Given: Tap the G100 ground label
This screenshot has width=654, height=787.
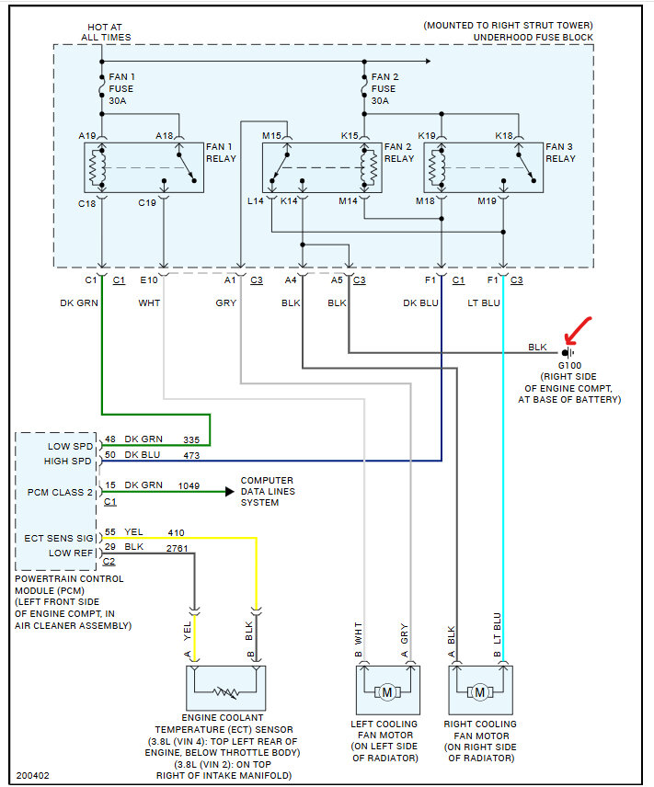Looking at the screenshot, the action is point(569,365).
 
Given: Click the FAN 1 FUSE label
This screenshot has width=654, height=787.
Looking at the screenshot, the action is point(121,89).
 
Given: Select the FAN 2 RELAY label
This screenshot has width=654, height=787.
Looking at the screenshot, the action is point(399,153).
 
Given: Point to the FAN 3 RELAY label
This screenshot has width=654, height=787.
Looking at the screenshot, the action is point(560,153).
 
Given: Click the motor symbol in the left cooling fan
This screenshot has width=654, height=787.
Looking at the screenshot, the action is point(387,692).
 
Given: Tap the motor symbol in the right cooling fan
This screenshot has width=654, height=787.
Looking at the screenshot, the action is point(480,692).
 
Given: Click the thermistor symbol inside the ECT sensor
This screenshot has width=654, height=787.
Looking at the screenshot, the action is point(225,692).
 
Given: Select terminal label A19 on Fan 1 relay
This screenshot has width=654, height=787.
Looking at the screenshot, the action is point(86,135).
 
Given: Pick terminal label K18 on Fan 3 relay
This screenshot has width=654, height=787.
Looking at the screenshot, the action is point(504,135).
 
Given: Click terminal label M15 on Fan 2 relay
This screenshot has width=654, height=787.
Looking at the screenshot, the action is point(271,135).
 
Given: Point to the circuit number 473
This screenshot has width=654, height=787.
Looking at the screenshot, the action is point(191,455).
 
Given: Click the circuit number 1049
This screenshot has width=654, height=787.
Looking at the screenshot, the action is point(189,485).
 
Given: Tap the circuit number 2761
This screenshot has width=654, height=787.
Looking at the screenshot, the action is point(177,549).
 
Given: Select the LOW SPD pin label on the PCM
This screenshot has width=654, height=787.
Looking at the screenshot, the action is point(70,446).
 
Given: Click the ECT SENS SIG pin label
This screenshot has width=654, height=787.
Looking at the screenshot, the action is point(59,538).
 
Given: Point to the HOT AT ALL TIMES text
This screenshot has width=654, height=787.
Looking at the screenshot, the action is point(106,32).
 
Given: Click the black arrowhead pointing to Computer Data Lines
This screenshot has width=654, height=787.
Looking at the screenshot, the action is point(230,491).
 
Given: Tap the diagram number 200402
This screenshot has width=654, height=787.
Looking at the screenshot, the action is point(32,775).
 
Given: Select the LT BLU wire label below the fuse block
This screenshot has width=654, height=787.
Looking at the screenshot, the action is point(484,302).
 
